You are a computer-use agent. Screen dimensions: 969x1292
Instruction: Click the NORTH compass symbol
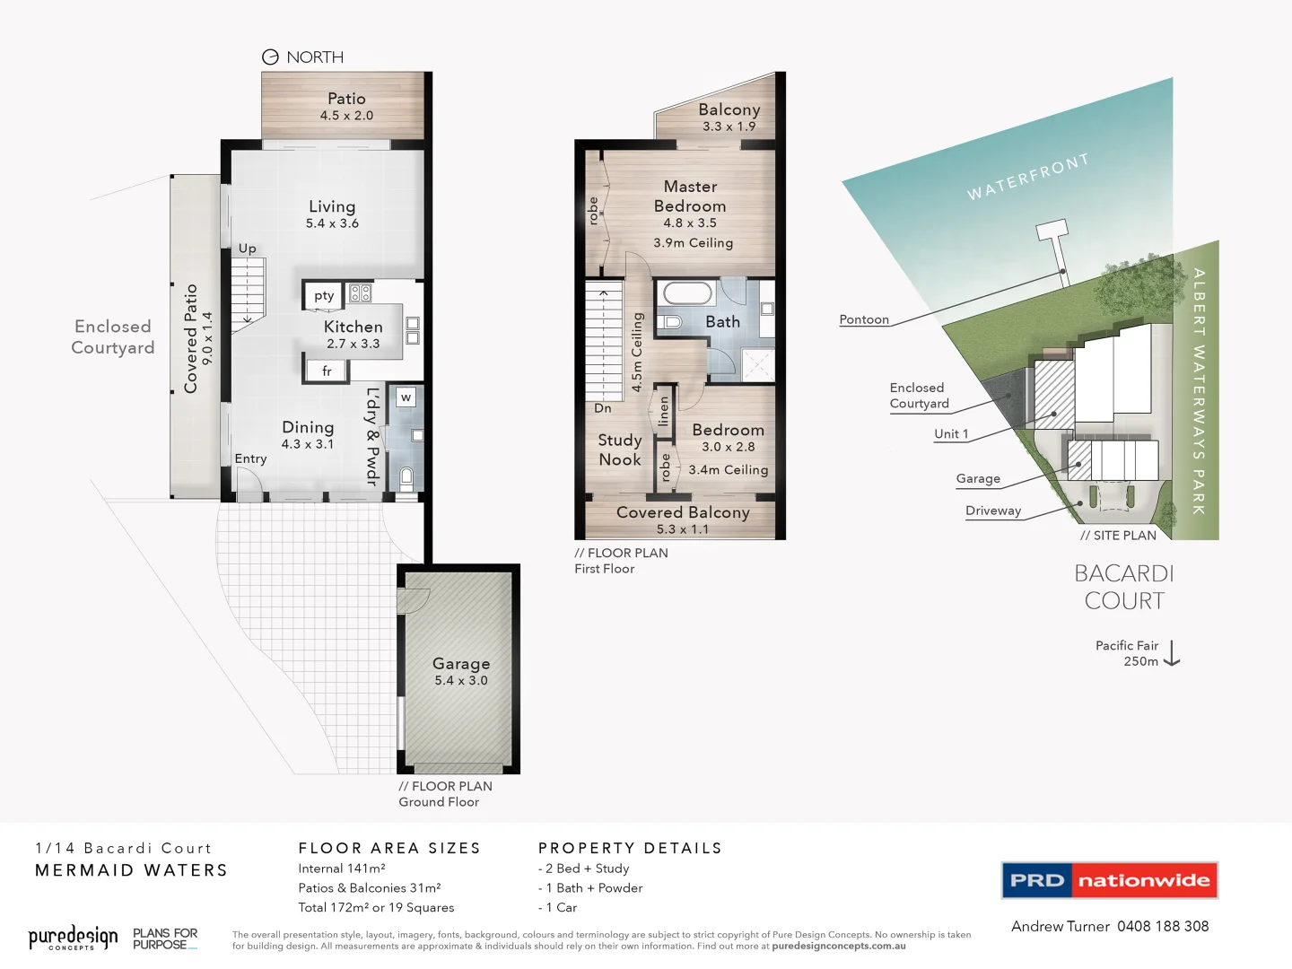click(x=270, y=57)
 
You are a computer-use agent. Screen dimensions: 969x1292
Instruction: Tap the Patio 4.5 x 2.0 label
click(x=346, y=106)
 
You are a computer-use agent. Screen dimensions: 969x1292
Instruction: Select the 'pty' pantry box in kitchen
click(x=324, y=295)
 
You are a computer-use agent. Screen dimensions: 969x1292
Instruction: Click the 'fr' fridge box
click(x=327, y=371)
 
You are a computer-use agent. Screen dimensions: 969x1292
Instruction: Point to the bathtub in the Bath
click(x=688, y=293)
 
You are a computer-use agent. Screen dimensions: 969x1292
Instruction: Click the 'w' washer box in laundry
click(x=406, y=397)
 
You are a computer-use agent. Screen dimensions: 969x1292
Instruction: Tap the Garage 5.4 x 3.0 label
click(x=461, y=671)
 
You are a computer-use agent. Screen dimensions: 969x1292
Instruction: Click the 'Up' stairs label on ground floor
click(x=247, y=249)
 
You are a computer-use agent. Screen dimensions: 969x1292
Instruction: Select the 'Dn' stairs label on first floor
click(x=603, y=408)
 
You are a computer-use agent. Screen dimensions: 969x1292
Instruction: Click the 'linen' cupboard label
click(x=664, y=411)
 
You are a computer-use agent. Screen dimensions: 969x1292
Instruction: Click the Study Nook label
click(x=620, y=450)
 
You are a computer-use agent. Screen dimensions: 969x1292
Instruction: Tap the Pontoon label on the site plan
click(x=864, y=319)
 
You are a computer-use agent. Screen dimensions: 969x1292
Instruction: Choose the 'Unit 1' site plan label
click(x=951, y=434)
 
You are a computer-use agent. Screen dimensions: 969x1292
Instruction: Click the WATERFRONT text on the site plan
click(x=1027, y=177)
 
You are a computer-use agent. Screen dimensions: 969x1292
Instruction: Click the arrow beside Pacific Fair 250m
click(x=1173, y=653)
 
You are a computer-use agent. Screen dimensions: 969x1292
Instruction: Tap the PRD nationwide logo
click(x=1110, y=880)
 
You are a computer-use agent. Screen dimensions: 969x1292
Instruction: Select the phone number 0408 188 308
click(x=1163, y=926)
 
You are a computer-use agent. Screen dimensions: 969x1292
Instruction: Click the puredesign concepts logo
click(x=73, y=938)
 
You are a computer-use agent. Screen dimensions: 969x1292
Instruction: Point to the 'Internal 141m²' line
click(x=342, y=869)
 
